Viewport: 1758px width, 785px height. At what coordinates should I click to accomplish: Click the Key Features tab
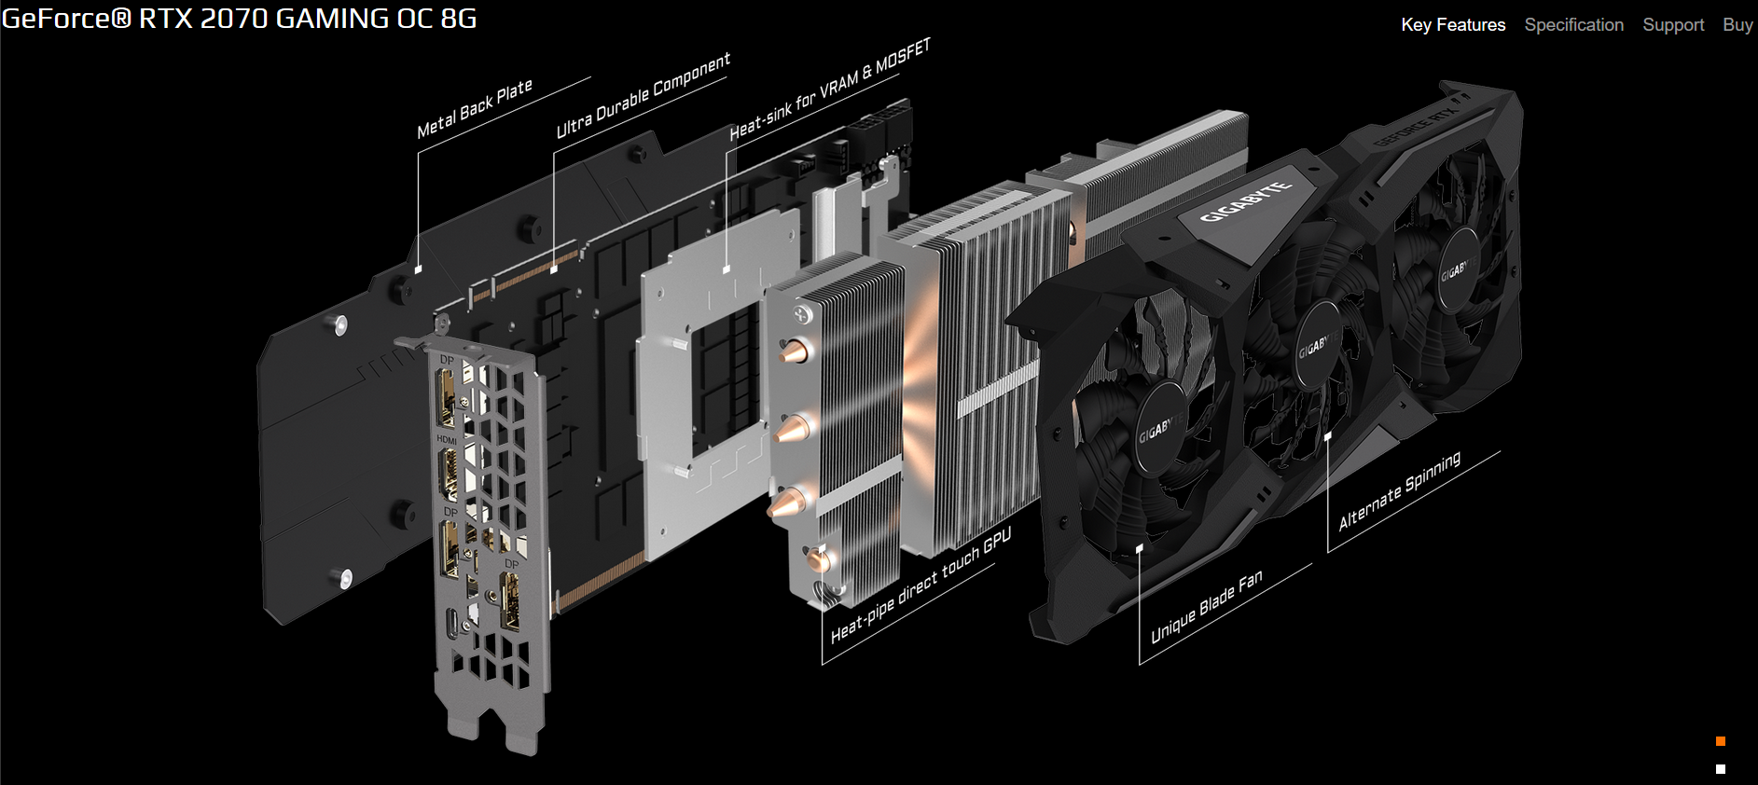point(1453,25)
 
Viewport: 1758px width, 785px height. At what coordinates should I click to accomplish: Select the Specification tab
point(1573,25)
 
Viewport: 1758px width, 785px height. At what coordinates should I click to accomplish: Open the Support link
point(1673,25)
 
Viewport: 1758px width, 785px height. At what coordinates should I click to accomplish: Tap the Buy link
point(1737,25)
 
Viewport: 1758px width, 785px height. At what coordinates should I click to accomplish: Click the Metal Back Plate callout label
point(475,108)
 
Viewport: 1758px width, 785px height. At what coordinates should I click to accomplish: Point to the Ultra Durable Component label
point(643,95)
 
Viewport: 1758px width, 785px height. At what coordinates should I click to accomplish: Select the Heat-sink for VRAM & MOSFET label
point(830,90)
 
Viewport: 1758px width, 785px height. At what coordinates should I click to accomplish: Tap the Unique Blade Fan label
point(1206,606)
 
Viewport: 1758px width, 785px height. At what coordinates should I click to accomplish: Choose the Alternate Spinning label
point(1399,491)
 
